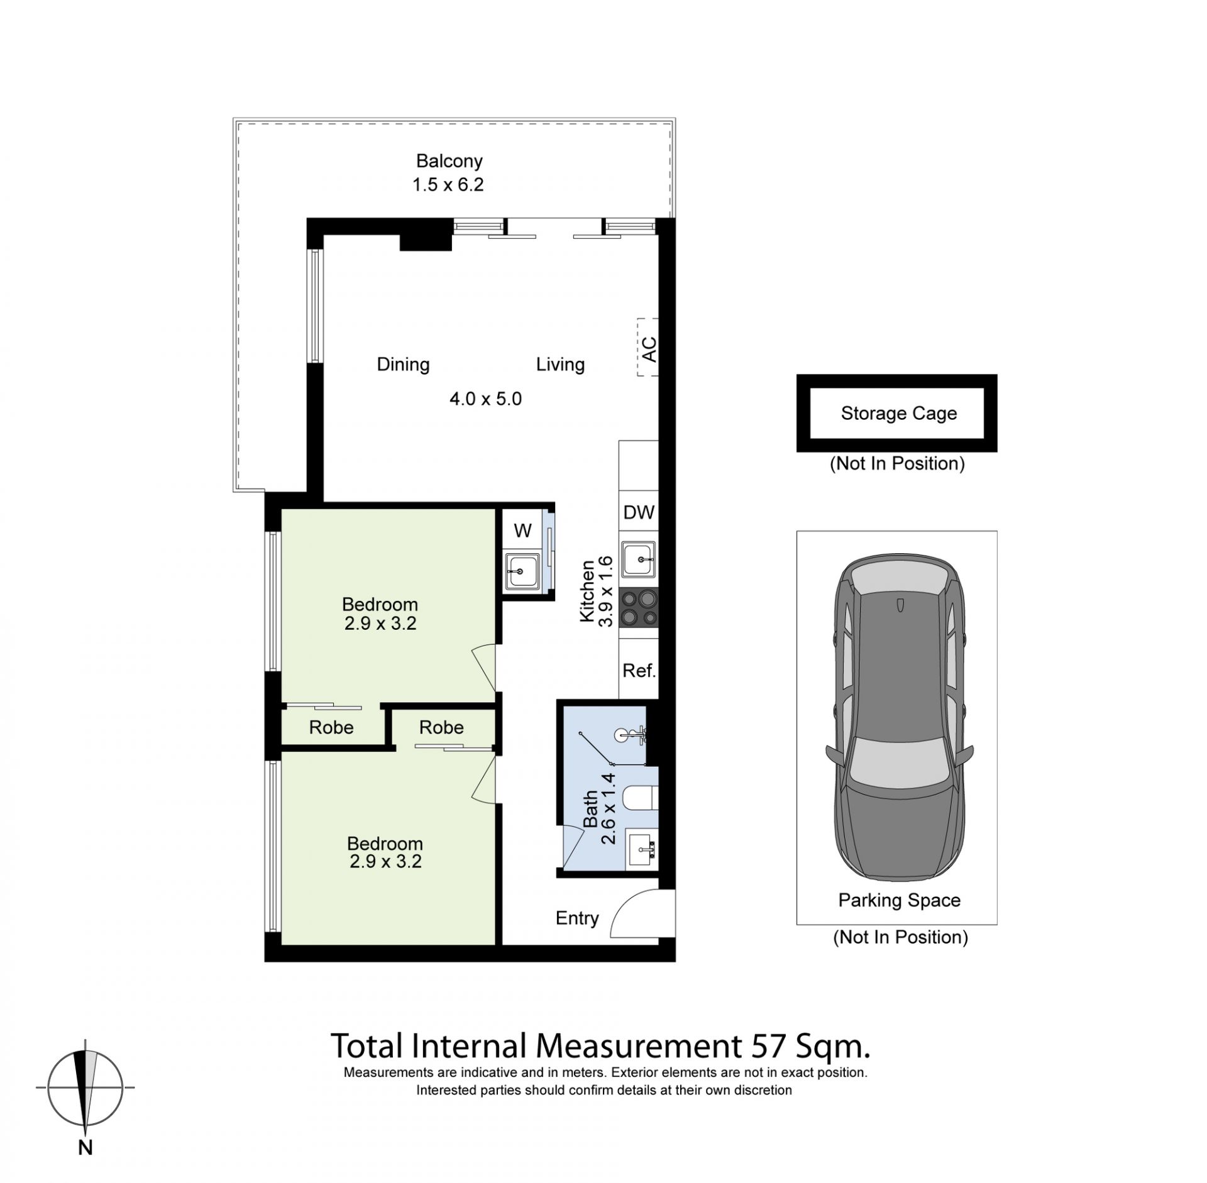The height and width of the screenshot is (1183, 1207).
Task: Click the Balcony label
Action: [449, 161]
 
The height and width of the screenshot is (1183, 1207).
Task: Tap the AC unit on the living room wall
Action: [648, 348]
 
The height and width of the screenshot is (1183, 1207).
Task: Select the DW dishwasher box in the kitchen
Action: [639, 512]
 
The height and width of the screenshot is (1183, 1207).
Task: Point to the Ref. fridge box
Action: [639, 670]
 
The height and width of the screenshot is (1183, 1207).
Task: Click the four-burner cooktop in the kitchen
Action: [639, 608]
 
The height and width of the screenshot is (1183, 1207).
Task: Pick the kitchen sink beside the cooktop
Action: [639, 559]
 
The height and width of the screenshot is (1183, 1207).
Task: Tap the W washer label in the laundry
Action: [522, 531]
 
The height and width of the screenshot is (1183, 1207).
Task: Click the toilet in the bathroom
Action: [640, 799]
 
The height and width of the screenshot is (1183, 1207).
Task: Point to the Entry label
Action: [577, 918]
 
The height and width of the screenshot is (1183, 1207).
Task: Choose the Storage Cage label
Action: [898, 413]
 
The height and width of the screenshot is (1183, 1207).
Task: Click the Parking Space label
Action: [899, 900]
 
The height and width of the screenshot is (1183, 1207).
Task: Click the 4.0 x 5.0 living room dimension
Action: [485, 399]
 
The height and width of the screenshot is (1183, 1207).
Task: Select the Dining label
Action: [403, 365]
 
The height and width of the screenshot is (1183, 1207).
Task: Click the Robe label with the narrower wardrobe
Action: [331, 727]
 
